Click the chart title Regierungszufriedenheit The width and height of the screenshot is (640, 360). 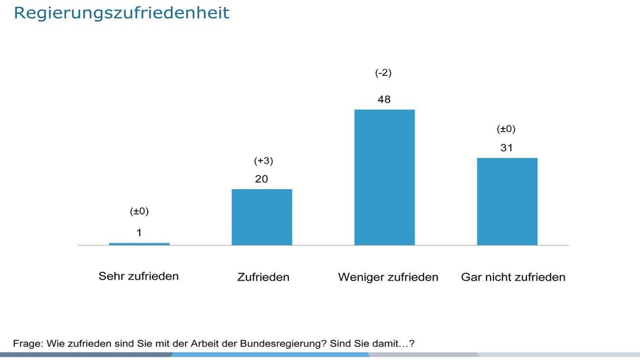pos(121,13)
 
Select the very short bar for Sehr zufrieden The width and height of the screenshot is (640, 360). pos(139,244)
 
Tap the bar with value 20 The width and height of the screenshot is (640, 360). pos(262,217)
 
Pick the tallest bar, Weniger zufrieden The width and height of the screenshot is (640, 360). pos(385,177)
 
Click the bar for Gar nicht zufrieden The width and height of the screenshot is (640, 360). pos(507,202)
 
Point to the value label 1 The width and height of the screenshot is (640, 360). pos(139,233)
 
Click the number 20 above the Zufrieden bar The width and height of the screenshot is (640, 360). pos(261,179)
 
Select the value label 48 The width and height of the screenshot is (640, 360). pos(384,99)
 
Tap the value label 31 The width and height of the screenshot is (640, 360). pos(507,148)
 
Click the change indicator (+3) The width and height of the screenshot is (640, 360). pos(261,161)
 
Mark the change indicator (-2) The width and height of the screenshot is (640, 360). pos(383,73)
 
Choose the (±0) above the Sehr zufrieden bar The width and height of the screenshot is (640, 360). pos(139,211)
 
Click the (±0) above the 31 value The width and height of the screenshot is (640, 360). pos(506,129)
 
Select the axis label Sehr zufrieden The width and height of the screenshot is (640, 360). pos(139,276)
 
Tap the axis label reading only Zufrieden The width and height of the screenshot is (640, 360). pos(263,277)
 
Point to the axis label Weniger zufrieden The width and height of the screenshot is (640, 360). pos(388,277)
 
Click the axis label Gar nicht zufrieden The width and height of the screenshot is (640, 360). pos(513,277)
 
